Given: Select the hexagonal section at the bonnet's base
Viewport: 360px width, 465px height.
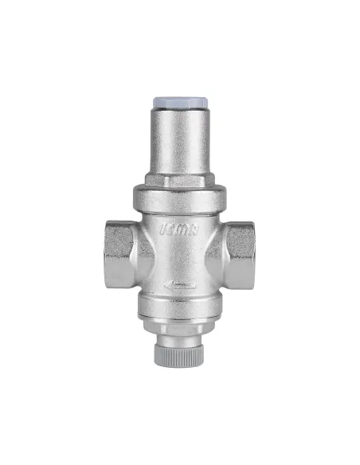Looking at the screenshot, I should [181, 181].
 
